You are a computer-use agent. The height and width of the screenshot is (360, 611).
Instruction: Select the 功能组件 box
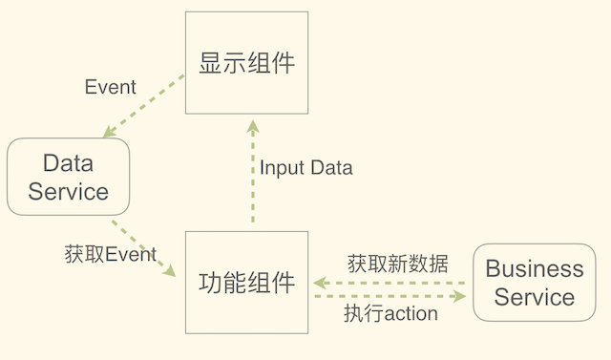click(246, 283)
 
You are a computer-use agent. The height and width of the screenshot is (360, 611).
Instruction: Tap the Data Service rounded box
click(68, 177)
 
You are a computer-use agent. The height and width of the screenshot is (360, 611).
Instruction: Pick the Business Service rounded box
click(534, 283)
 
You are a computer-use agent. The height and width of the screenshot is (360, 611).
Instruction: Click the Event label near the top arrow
click(111, 87)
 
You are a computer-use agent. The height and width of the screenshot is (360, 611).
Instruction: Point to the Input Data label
click(305, 168)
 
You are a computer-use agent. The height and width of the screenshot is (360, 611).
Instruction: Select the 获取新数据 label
click(397, 261)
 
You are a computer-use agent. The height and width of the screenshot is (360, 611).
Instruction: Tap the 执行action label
click(390, 313)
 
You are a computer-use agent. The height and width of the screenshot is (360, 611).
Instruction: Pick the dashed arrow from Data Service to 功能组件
click(143, 246)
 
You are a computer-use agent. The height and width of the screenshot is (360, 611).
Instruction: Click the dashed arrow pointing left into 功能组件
click(391, 282)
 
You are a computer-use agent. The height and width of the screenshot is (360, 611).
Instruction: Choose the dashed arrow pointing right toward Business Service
click(391, 296)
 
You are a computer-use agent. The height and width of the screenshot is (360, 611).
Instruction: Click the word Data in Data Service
click(68, 163)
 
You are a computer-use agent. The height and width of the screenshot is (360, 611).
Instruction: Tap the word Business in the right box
click(534, 268)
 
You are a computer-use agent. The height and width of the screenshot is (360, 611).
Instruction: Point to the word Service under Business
click(535, 297)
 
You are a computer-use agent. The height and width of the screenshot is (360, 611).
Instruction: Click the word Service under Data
click(68, 191)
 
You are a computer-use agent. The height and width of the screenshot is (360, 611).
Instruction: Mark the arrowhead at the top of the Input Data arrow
click(252, 127)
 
